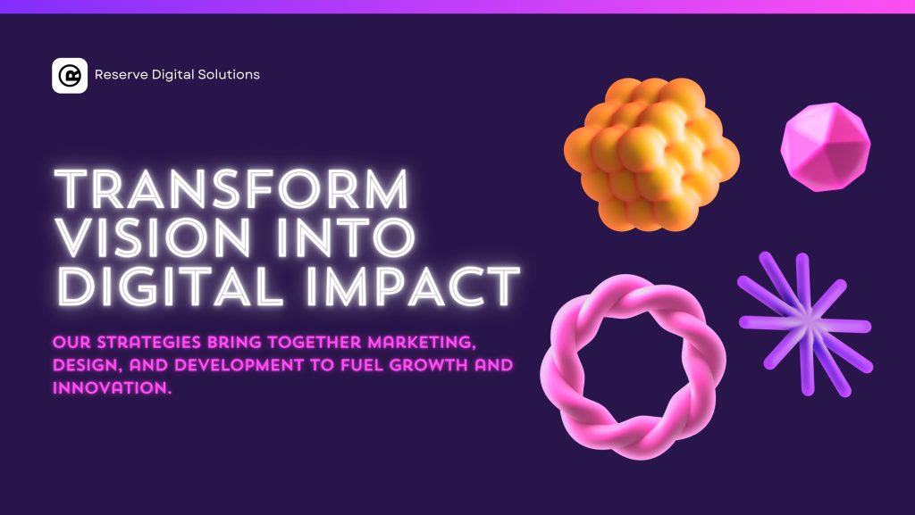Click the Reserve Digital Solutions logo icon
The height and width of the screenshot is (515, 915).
(x=70, y=75)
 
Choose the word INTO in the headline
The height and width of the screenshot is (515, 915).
(x=347, y=237)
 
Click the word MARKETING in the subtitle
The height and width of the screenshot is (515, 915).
(x=422, y=342)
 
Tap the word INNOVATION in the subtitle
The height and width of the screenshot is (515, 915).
(x=112, y=388)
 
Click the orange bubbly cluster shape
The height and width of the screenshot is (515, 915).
(x=651, y=154)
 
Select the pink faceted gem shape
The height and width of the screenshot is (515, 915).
(x=825, y=146)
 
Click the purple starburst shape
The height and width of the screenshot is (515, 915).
(x=805, y=325)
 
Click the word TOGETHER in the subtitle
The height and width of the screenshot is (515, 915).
(x=315, y=342)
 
